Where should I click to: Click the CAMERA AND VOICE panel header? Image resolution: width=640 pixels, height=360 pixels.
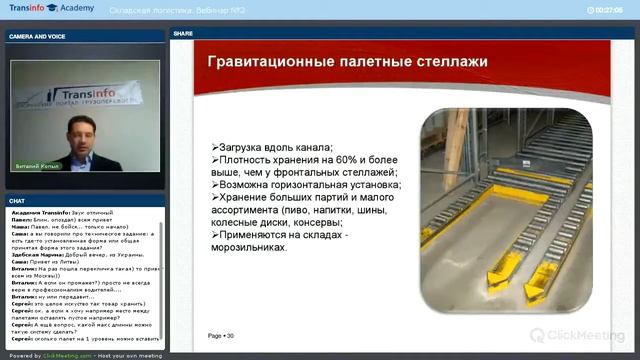(37, 35)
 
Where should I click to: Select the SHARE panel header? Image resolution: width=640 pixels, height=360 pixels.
(184, 33)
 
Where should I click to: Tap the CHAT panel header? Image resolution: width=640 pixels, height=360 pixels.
(19, 200)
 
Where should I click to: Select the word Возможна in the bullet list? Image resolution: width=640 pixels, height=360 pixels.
(252, 185)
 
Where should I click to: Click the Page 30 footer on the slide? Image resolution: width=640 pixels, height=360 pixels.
(220, 336)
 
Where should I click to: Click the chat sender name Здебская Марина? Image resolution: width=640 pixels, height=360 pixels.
(35, 255)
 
